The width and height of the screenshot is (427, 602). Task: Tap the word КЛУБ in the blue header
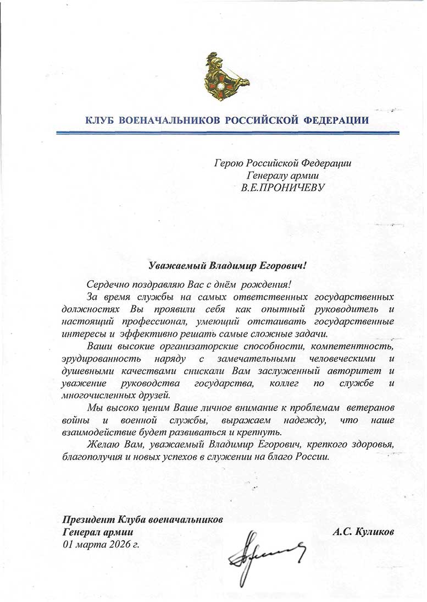point(101,121)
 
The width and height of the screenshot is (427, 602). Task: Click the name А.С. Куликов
point(364,532)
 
